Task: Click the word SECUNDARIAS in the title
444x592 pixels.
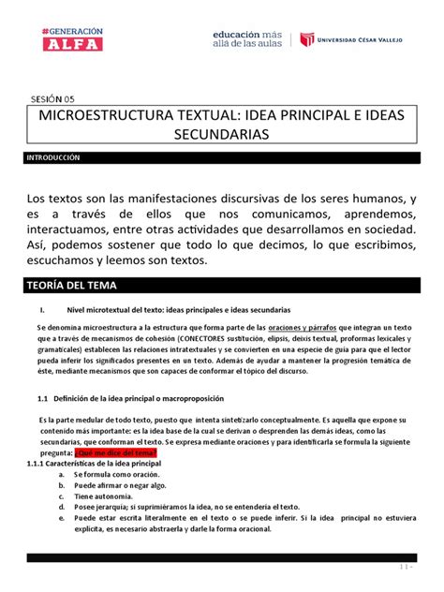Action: click(221, 137)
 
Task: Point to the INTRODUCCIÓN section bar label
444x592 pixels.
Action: click(53, 160)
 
